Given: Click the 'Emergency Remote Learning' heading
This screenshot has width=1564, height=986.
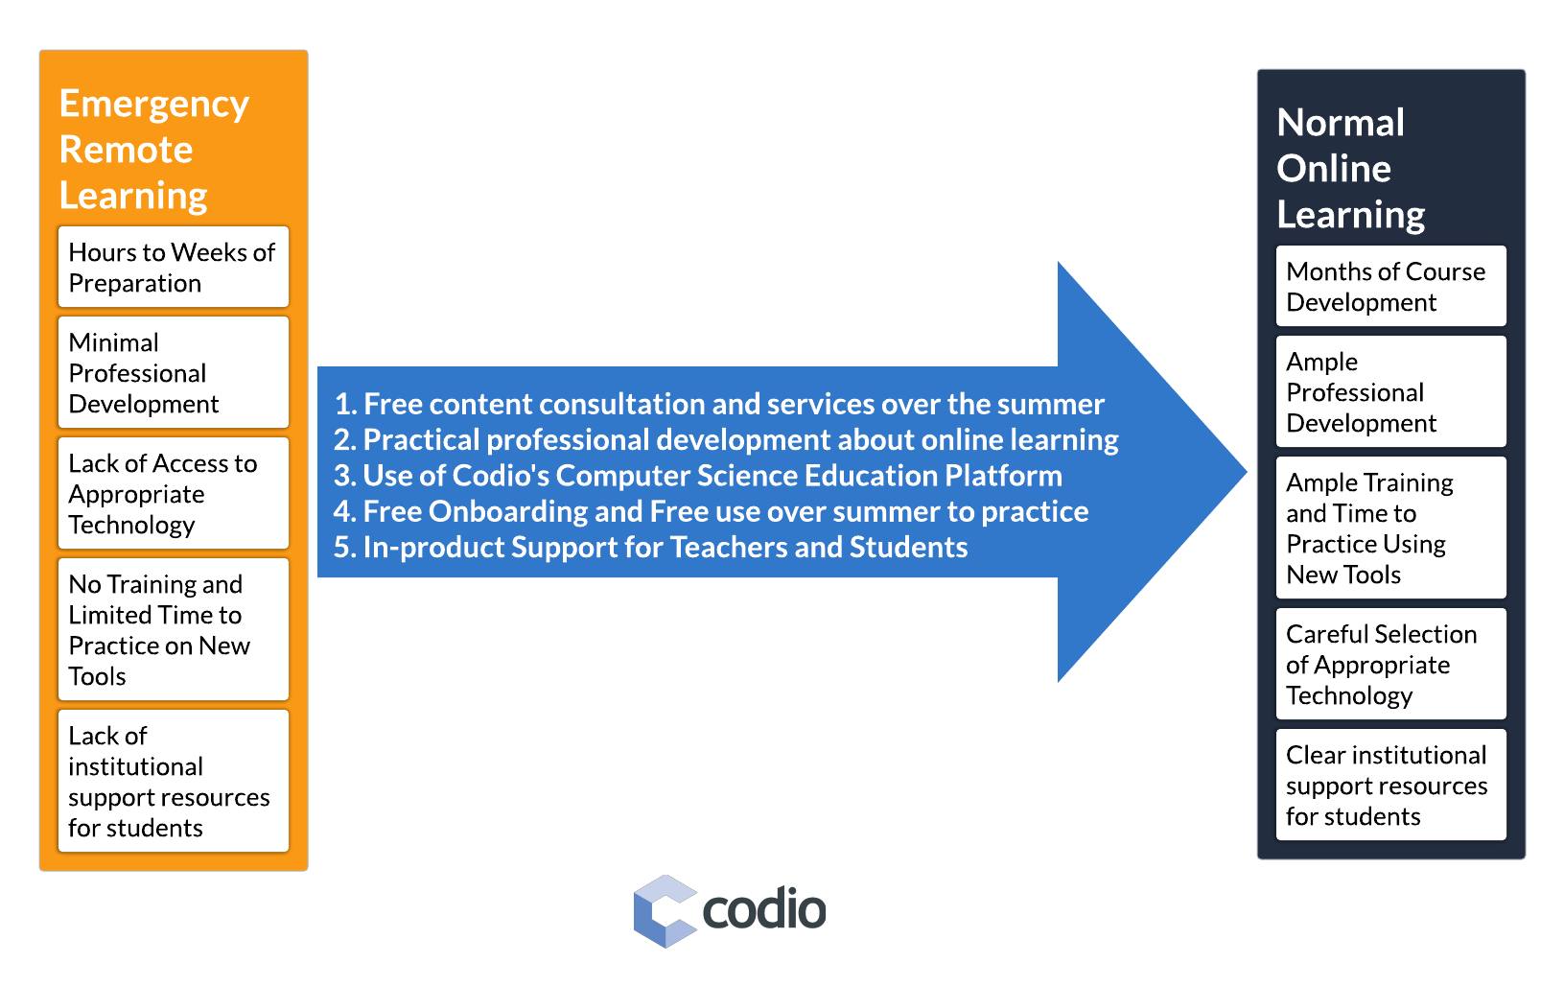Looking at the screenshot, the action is pos(153,150).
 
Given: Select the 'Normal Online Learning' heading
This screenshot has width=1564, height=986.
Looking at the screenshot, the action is pos(1350,168).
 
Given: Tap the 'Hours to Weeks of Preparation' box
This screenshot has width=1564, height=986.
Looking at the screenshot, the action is pos(174,267).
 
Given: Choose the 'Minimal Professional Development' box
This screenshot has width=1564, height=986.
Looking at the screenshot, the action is pos(174,372).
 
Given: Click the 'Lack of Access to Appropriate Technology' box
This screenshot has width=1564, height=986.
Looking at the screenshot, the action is pos(174,493).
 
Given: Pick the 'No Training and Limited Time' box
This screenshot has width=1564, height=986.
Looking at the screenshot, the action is pos(174,629).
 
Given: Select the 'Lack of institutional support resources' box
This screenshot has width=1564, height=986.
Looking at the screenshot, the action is pos(174,781).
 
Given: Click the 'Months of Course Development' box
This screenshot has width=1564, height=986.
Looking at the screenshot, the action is pos(1390,286).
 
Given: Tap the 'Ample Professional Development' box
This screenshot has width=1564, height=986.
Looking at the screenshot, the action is pos(1390,391).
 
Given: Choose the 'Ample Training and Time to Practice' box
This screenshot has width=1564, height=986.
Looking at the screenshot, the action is pos(1390,528).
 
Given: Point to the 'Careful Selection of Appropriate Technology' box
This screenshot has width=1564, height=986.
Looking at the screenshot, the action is pos(1390,664).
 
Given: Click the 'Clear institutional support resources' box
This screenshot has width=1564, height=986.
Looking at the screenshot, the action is pos(1390,785).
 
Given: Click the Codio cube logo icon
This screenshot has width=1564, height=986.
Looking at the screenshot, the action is pos(665,911).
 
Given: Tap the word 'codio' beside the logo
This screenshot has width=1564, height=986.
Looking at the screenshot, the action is pos(764,909).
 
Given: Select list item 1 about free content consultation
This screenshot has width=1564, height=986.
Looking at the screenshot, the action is pos(719,405).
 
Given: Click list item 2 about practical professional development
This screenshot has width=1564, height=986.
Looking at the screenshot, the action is pos(726,440).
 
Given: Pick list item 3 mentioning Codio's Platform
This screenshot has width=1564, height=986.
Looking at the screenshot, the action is pos(698,476).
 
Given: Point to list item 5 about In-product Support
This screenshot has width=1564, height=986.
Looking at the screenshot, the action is pos(651,548).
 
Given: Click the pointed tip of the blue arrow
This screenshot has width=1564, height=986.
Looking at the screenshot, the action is pos(1247,472).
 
